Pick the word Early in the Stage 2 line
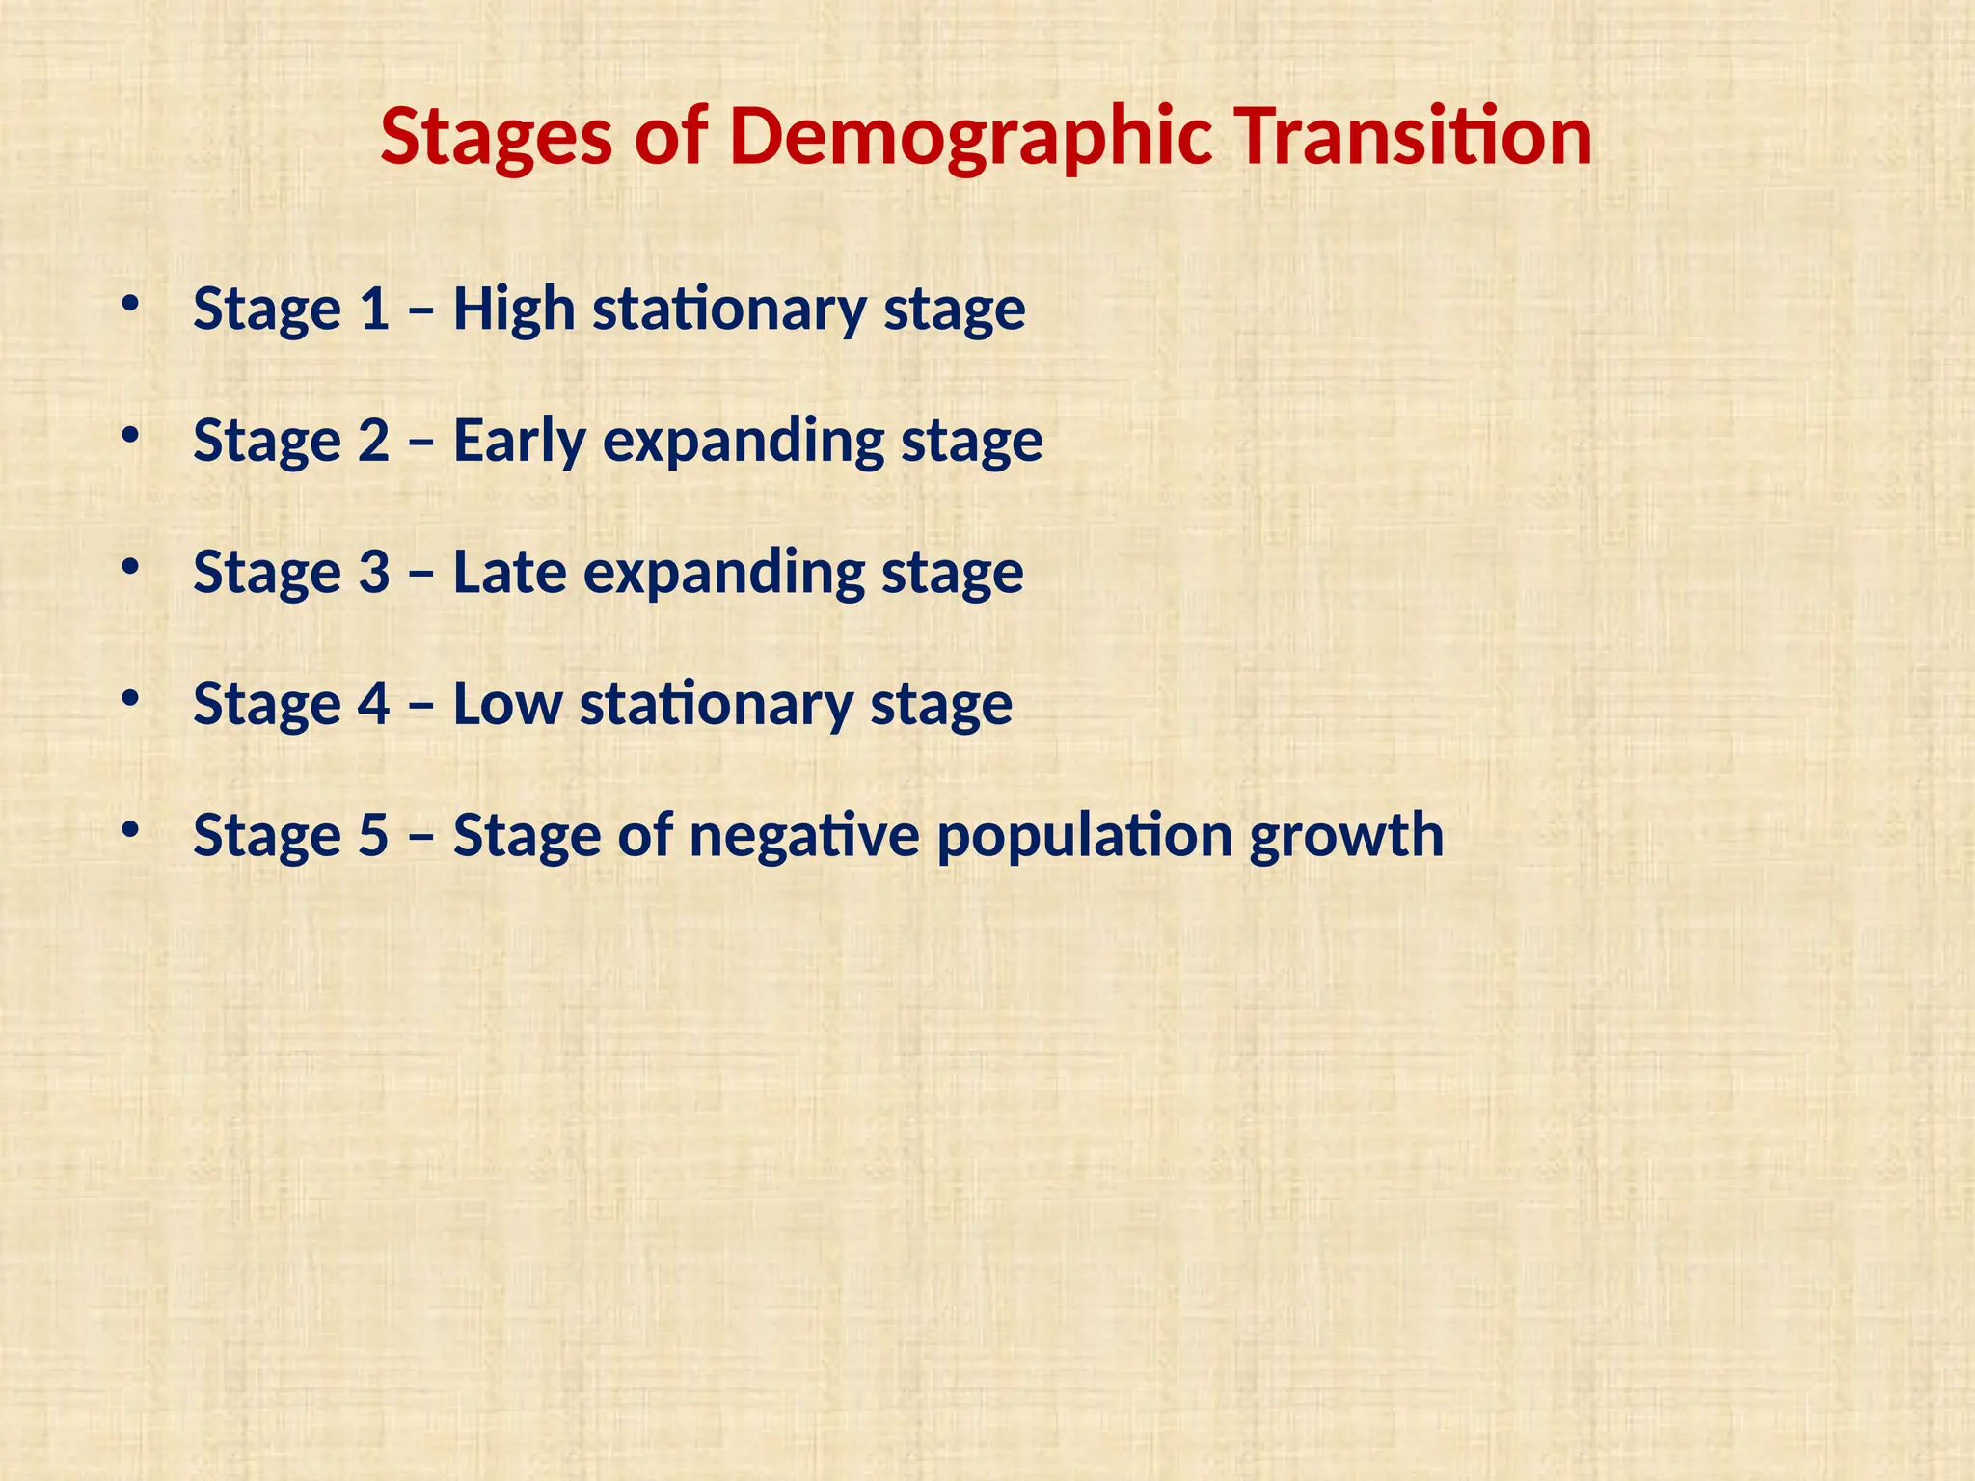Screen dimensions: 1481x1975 (x=520, y=442)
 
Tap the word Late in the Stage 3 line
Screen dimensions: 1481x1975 (x=509, y=572)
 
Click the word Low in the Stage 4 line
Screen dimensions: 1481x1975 (x=507, y=704)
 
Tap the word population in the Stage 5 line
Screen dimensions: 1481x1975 (x=1084, y=836)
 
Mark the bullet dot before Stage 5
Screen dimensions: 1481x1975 (x=129, y=828)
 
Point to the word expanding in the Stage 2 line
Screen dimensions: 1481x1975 (x=744, y=442)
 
